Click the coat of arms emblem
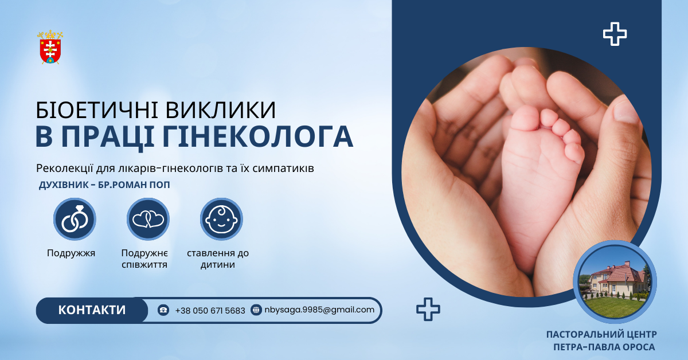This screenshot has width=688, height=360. tap(50, 47)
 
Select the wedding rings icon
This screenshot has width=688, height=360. tap(75, 219)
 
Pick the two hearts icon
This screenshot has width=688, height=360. tap(148, 219)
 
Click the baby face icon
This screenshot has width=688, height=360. tap(221, 219)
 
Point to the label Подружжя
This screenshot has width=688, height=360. tap(71, 253)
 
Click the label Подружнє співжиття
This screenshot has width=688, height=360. tap(144, 259)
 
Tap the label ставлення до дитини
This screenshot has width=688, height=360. tap(218, 259)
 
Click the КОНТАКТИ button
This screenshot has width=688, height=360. tap(92, 310)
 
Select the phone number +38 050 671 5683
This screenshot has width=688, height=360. tap(210, 310)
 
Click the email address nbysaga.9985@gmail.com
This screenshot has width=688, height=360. tap(319, 310)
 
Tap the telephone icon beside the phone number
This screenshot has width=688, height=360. tap(163, 310)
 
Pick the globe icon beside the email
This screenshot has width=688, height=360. tap(256, 310)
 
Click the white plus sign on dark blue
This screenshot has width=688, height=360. tap(615, 34)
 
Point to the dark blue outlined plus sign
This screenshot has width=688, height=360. tap(428, 310)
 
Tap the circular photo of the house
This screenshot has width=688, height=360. tap(615, 282)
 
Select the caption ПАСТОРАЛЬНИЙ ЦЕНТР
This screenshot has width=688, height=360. tap(601, 334)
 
